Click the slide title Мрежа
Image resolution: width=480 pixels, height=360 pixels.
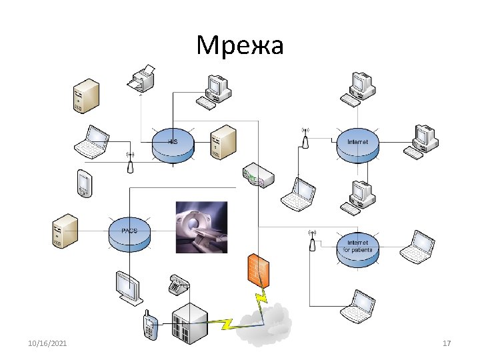240,45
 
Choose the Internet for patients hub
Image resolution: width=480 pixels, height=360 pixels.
357,247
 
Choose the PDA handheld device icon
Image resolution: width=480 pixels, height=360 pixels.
84,183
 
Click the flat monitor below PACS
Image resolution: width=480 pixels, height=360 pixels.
127,287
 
